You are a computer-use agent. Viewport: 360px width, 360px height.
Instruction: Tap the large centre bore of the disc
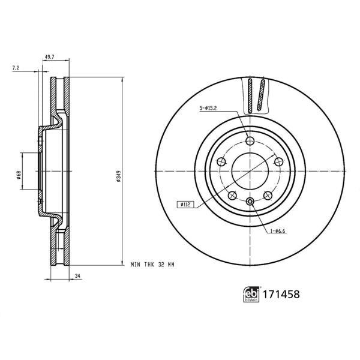[250, 172]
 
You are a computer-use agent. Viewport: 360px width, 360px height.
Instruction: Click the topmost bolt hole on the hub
[250, 142]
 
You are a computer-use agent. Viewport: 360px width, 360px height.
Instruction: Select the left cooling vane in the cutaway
[249, 96]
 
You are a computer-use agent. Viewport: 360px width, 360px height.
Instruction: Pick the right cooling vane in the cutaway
[261, 96]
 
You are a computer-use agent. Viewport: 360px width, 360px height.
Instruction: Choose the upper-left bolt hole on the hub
[221, 162]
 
